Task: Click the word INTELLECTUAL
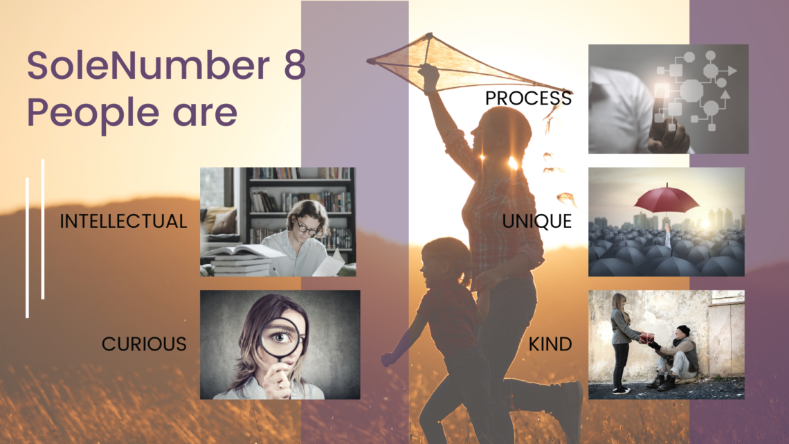(123, 221)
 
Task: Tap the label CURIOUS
(144, 344)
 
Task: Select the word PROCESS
(528, 98)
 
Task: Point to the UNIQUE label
(537, 221)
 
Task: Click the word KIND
(550, 344)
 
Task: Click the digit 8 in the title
(295, 65)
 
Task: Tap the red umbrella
(666, 198)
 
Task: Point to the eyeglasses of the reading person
(307, 228)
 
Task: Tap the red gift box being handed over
(647, 338)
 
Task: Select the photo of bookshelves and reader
(278, 222)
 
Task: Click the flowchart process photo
(669, 98)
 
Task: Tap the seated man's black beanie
(683, 330)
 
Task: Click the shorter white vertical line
(27, 248)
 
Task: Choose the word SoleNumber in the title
(148, 65)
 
